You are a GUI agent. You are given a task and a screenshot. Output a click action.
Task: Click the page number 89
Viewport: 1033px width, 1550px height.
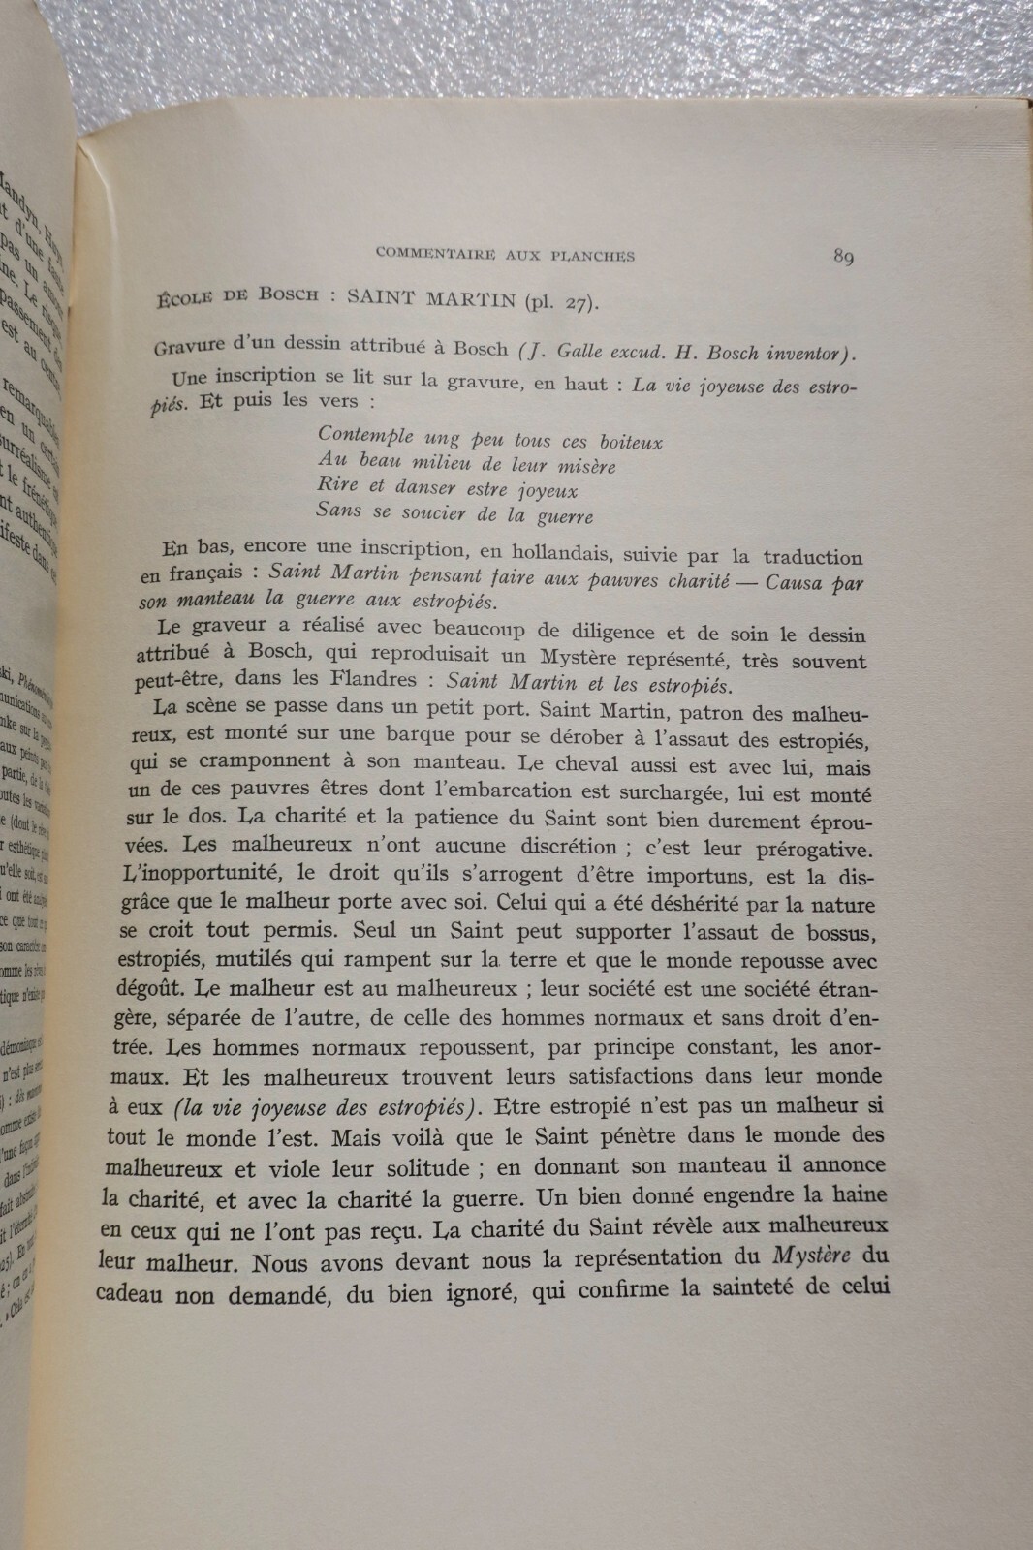841,257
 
